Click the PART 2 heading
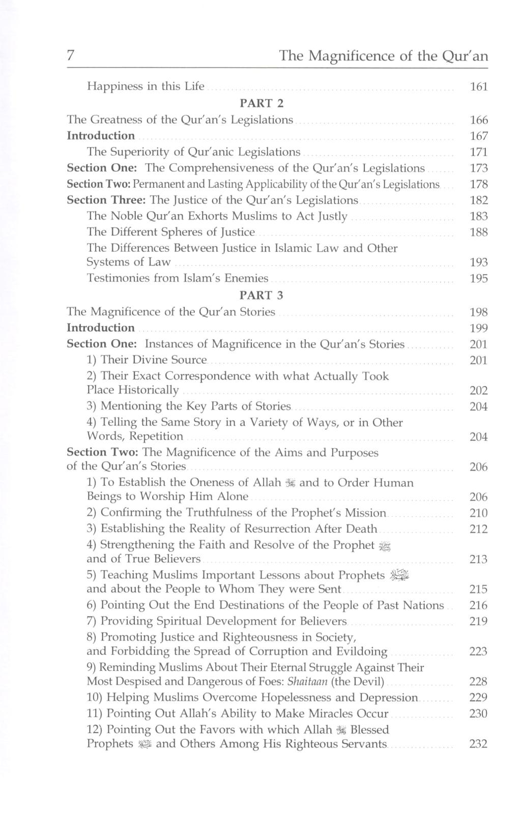click(261, 103)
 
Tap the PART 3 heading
click(261, 296)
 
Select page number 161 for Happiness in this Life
click(478, 87)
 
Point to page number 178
click(478, 184)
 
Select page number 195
click(478, 279)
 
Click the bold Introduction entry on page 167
click(101, 136)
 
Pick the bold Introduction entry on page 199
click(101, 328)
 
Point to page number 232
click(478, 744)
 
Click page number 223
click(478, 652)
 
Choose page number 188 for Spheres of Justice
click(478, 232)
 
